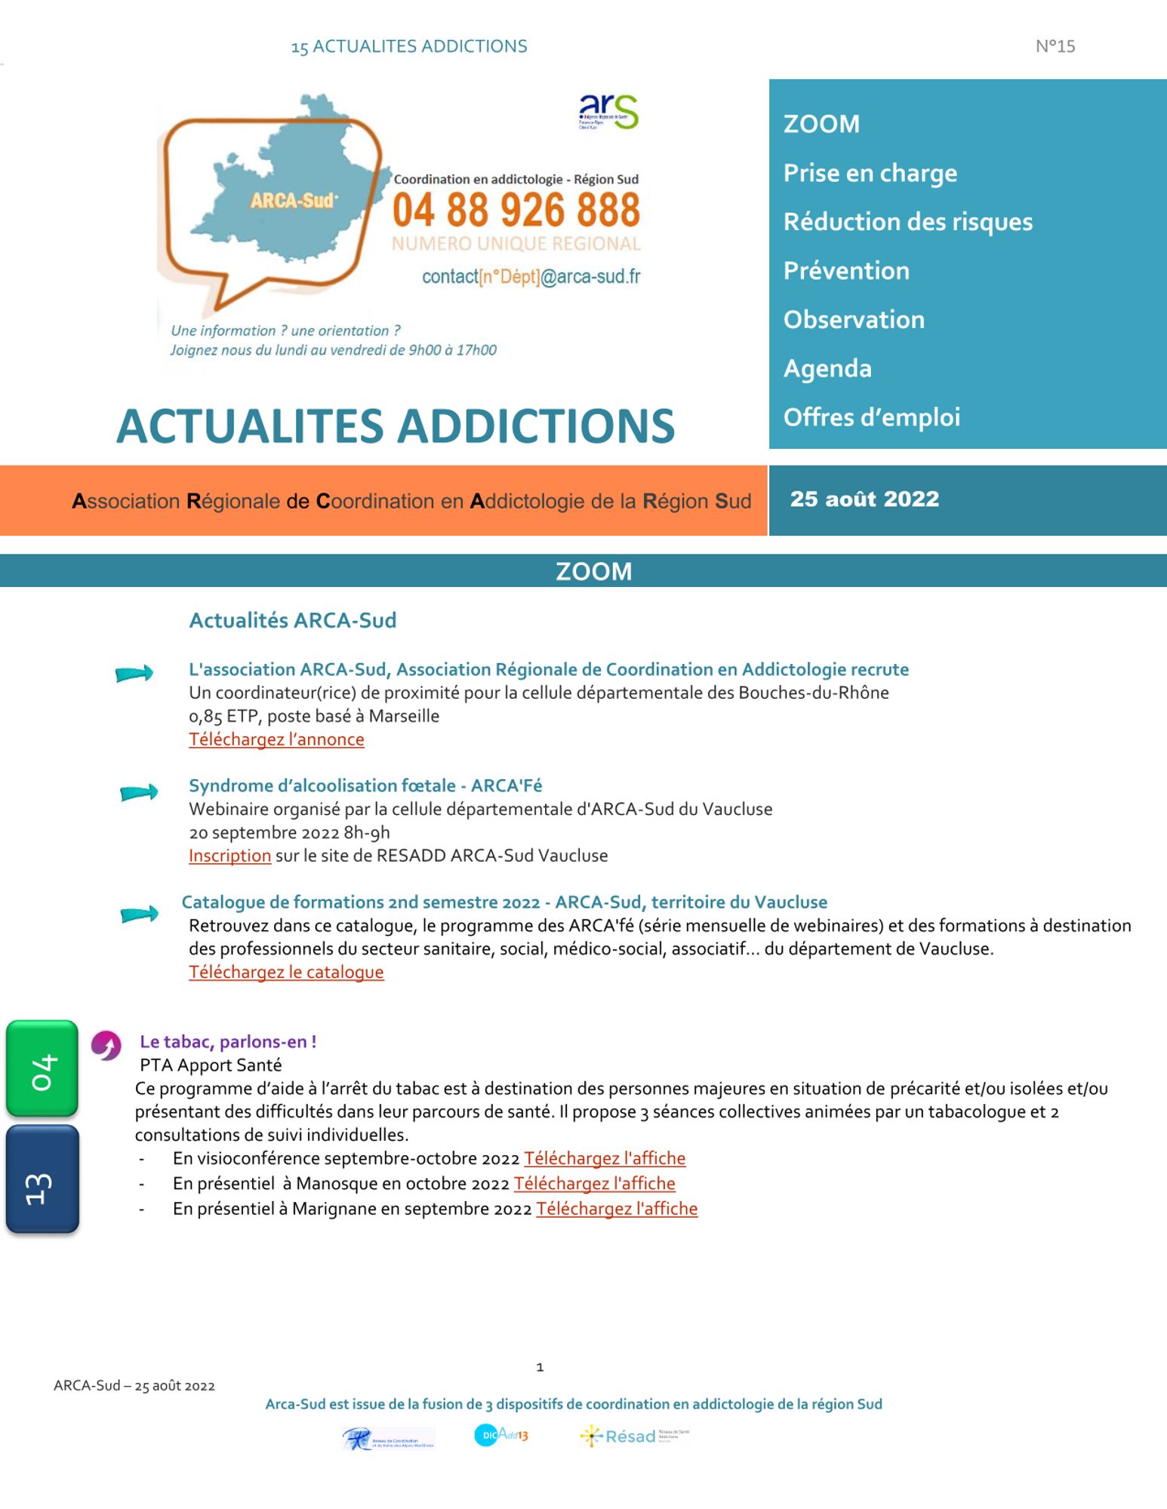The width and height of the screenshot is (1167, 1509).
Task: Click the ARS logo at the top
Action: (608, 112)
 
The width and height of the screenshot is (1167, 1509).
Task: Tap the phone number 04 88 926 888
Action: (516, 211)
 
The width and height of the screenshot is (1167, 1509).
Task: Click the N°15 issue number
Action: (1055, 47)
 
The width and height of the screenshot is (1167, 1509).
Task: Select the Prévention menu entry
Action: (846, 271)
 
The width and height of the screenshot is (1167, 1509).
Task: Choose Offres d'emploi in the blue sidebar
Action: (871, 417)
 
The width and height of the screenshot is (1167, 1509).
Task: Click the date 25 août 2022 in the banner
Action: (864, 499)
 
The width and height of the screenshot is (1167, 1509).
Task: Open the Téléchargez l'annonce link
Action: (276, 739)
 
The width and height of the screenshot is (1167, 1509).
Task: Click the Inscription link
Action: (229, 856)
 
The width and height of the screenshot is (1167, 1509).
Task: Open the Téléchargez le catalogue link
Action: (286, 973)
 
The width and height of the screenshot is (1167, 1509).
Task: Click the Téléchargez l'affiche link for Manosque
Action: (594, 1184)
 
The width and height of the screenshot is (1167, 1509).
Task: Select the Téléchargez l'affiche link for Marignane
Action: (617, 1209)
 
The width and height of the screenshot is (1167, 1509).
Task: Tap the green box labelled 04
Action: (42, 1068)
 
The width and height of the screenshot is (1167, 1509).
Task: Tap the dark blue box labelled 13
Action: (42, 1179)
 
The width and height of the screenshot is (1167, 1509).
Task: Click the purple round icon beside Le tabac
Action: (106, 1046)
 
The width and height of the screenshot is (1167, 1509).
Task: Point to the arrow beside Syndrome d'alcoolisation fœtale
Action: (139, 792)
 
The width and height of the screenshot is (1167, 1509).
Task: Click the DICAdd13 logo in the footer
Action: (500, 1434)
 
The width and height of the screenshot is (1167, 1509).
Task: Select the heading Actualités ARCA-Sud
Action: (292, 620)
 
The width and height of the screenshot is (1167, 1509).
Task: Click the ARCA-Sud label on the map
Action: (294, 201)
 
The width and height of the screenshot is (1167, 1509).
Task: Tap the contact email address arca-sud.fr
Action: (531, 277)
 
